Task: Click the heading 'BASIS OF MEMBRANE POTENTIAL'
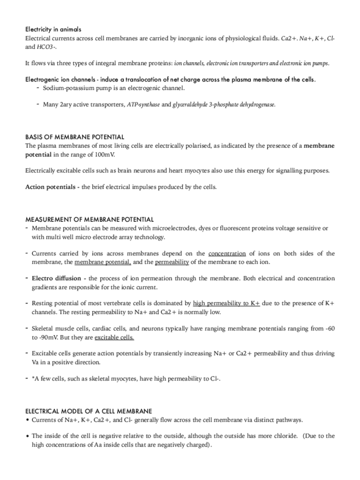[x=75, y=138]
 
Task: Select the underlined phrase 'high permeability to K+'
[x=226, y=303]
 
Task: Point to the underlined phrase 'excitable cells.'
[x=114, y=337]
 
